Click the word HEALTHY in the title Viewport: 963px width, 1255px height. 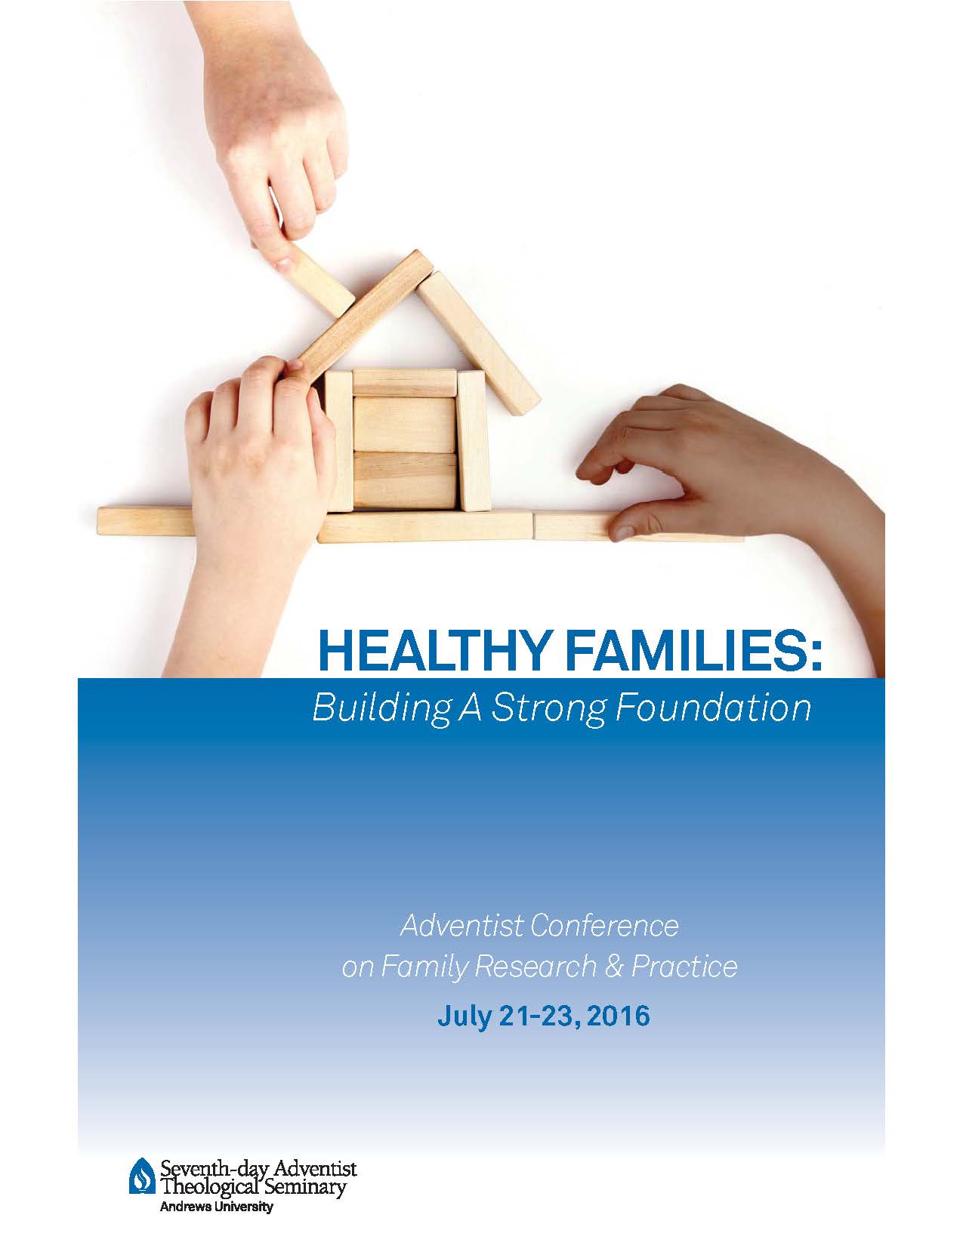point(431,650)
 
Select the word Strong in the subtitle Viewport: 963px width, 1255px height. point(548,708)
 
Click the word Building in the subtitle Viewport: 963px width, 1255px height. point(380,708)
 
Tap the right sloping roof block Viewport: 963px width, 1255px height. point(479,343)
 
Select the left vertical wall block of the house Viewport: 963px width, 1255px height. point(339,441)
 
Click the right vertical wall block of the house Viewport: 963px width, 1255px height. point(473,441)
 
